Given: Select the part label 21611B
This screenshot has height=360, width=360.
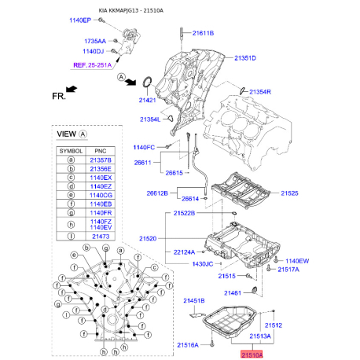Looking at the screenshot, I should [x=200, y=32].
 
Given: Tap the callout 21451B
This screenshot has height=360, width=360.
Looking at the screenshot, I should [x=194, y=301].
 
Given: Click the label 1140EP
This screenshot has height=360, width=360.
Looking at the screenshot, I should [x=80, y=18].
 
